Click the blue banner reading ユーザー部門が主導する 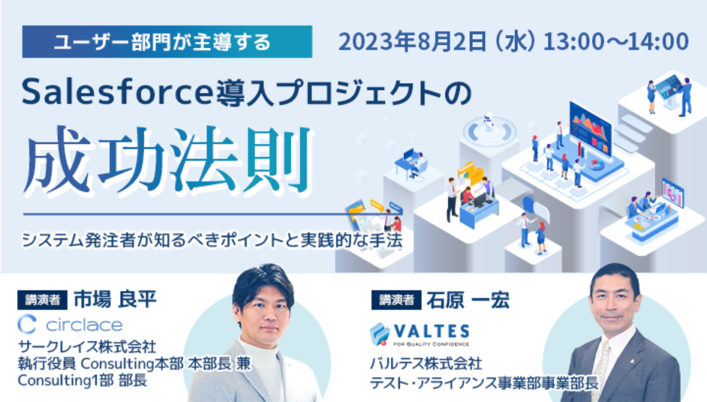(167, 41)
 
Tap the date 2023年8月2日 (413, 42)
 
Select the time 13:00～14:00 (616, 41)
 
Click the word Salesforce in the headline (117, 92)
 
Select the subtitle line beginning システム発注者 (212, 240)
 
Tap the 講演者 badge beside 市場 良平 (42, 300)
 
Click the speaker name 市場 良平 (115, 299)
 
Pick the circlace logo (70, 325)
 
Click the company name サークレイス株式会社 (87, 346)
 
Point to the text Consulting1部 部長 (83, 380)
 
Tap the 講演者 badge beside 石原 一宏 (396, 300)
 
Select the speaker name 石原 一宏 (468, 300)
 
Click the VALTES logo (420, 334)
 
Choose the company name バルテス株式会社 (426, 363)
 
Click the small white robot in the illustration (488, 122)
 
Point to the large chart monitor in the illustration (591, 129)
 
